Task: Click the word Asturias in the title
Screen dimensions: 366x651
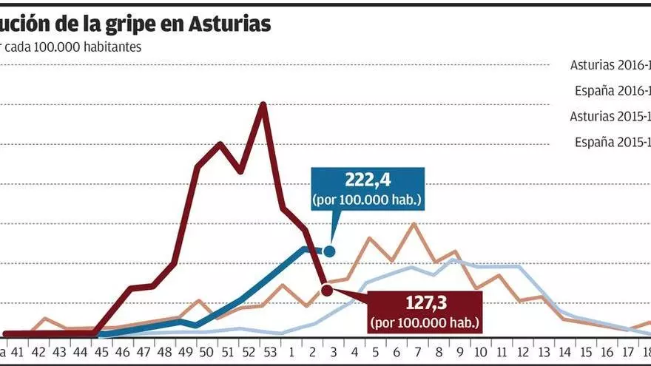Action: click(229, 24)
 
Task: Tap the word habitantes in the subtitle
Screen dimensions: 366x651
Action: click(107, 47)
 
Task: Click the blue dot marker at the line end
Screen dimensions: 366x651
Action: click(329, 251)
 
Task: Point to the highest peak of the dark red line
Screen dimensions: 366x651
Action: click(263, 104)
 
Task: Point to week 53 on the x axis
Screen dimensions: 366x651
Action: click(270, 351)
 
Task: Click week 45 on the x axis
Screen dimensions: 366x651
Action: click(101, 351)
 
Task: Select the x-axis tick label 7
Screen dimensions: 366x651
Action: click(417, 351)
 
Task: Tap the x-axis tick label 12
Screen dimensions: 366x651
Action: click(522, 351)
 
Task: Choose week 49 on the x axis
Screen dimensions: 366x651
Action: click(186, 351)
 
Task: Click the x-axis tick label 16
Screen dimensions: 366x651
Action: click(607, 351)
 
